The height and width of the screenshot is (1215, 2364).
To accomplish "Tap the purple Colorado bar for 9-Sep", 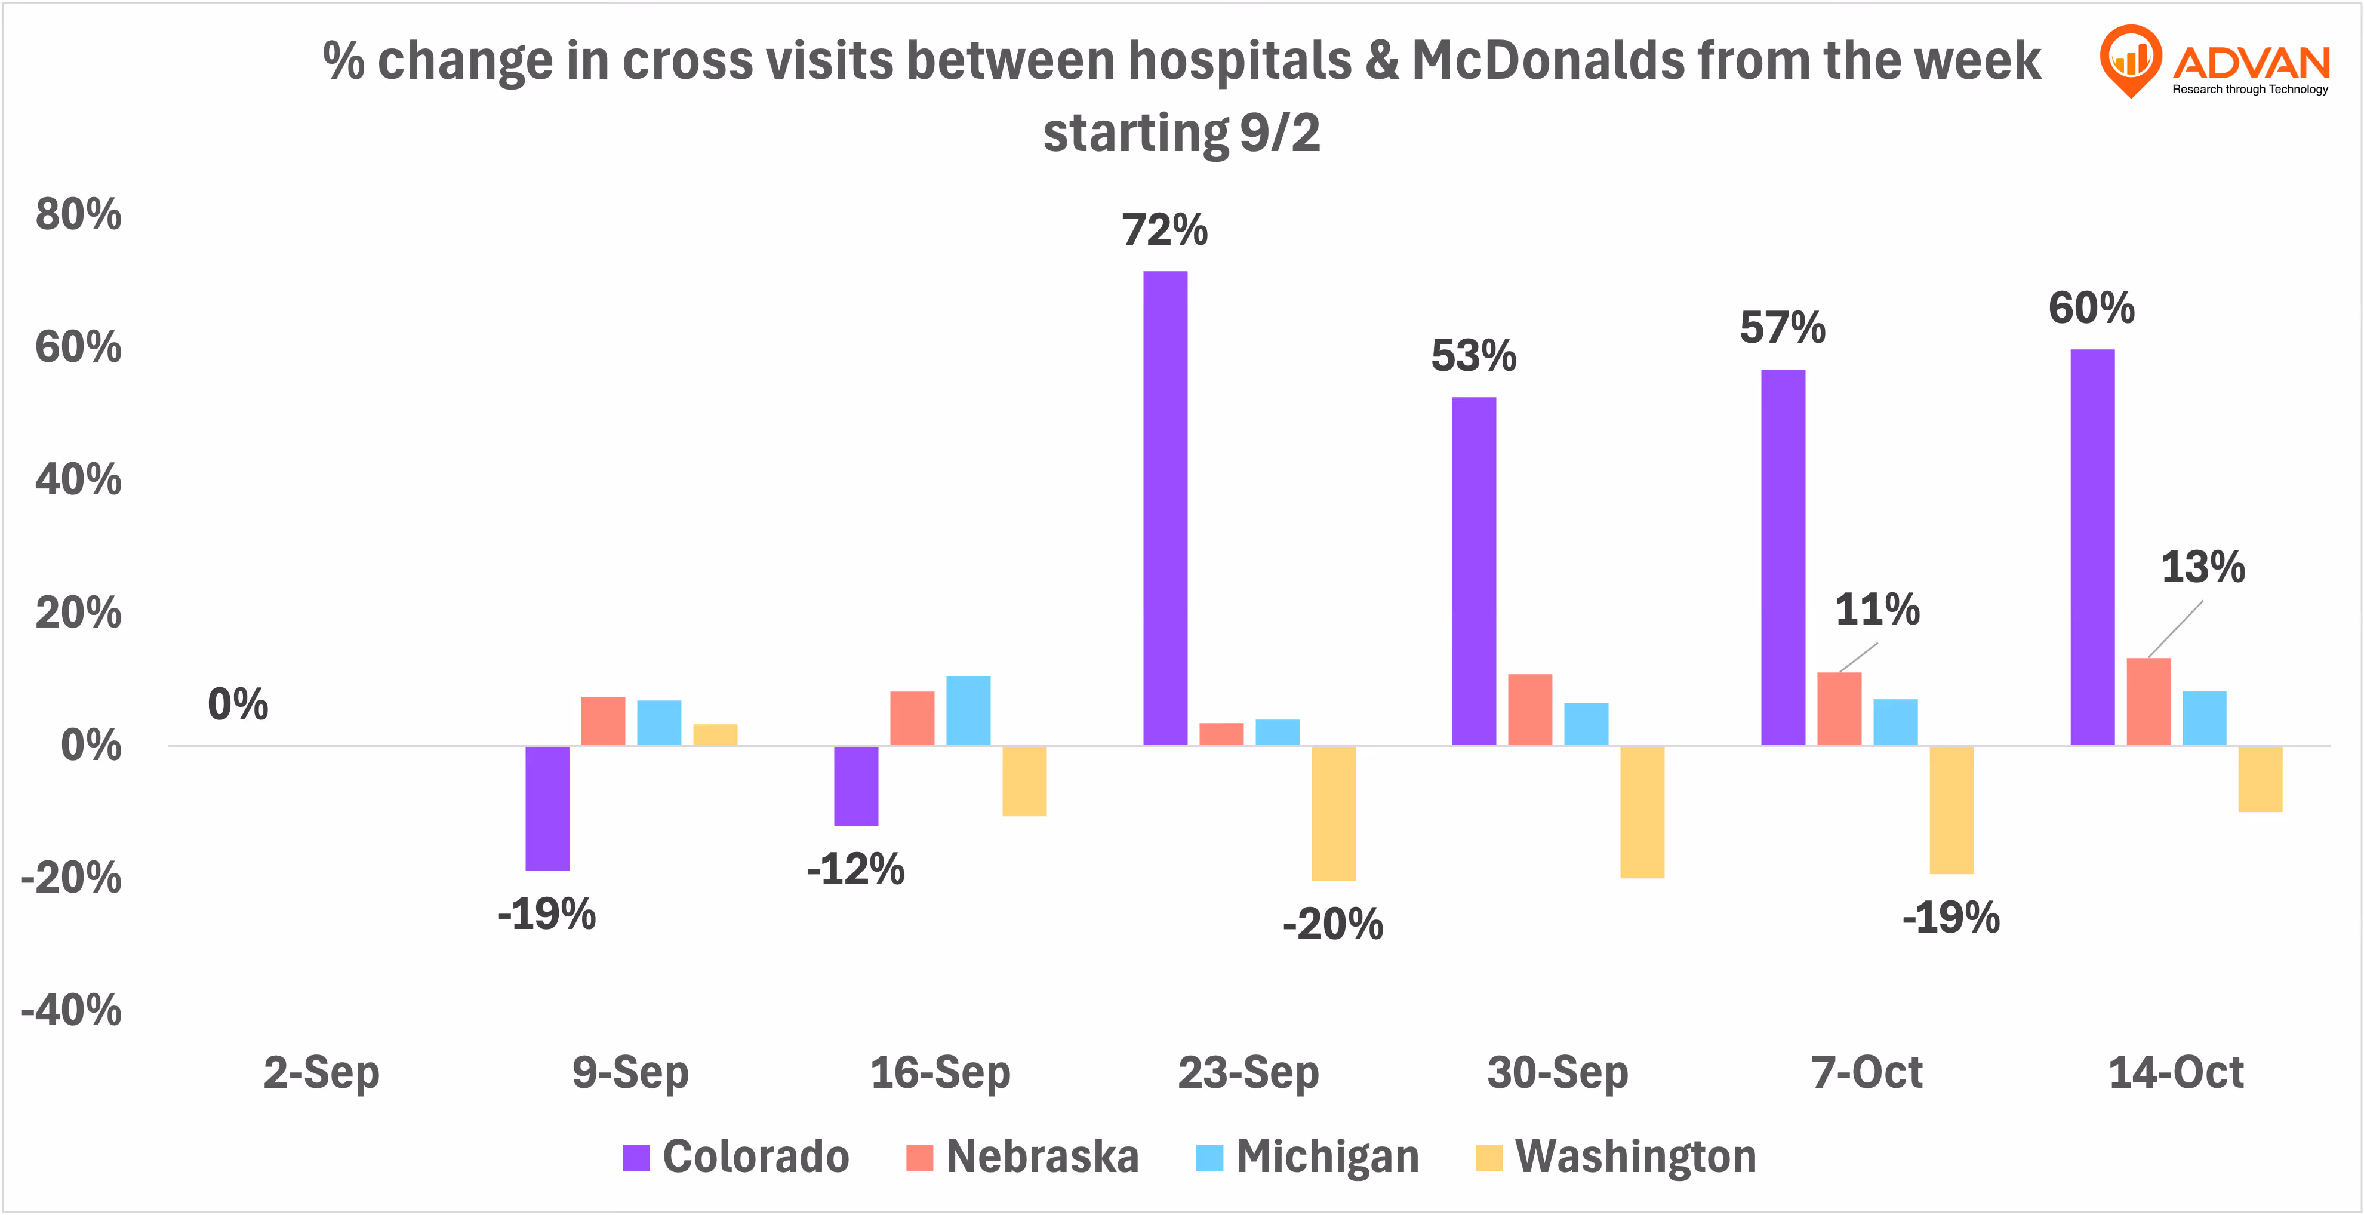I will point(547,808).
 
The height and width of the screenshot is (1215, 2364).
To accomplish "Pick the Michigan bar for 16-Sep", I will point(968,710).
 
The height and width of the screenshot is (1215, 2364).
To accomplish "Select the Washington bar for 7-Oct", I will point(1951,810).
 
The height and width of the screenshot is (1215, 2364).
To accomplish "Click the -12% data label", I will point(855,868).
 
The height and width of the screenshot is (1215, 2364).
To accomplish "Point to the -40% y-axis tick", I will point(72,1010).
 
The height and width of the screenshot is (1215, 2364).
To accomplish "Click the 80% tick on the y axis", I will point(78,215).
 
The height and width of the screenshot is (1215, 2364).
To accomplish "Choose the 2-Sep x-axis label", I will point(321,1072).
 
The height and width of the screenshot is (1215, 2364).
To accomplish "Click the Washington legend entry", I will point(1616,1156).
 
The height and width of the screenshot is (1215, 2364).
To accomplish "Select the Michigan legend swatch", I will point(1209,1157).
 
